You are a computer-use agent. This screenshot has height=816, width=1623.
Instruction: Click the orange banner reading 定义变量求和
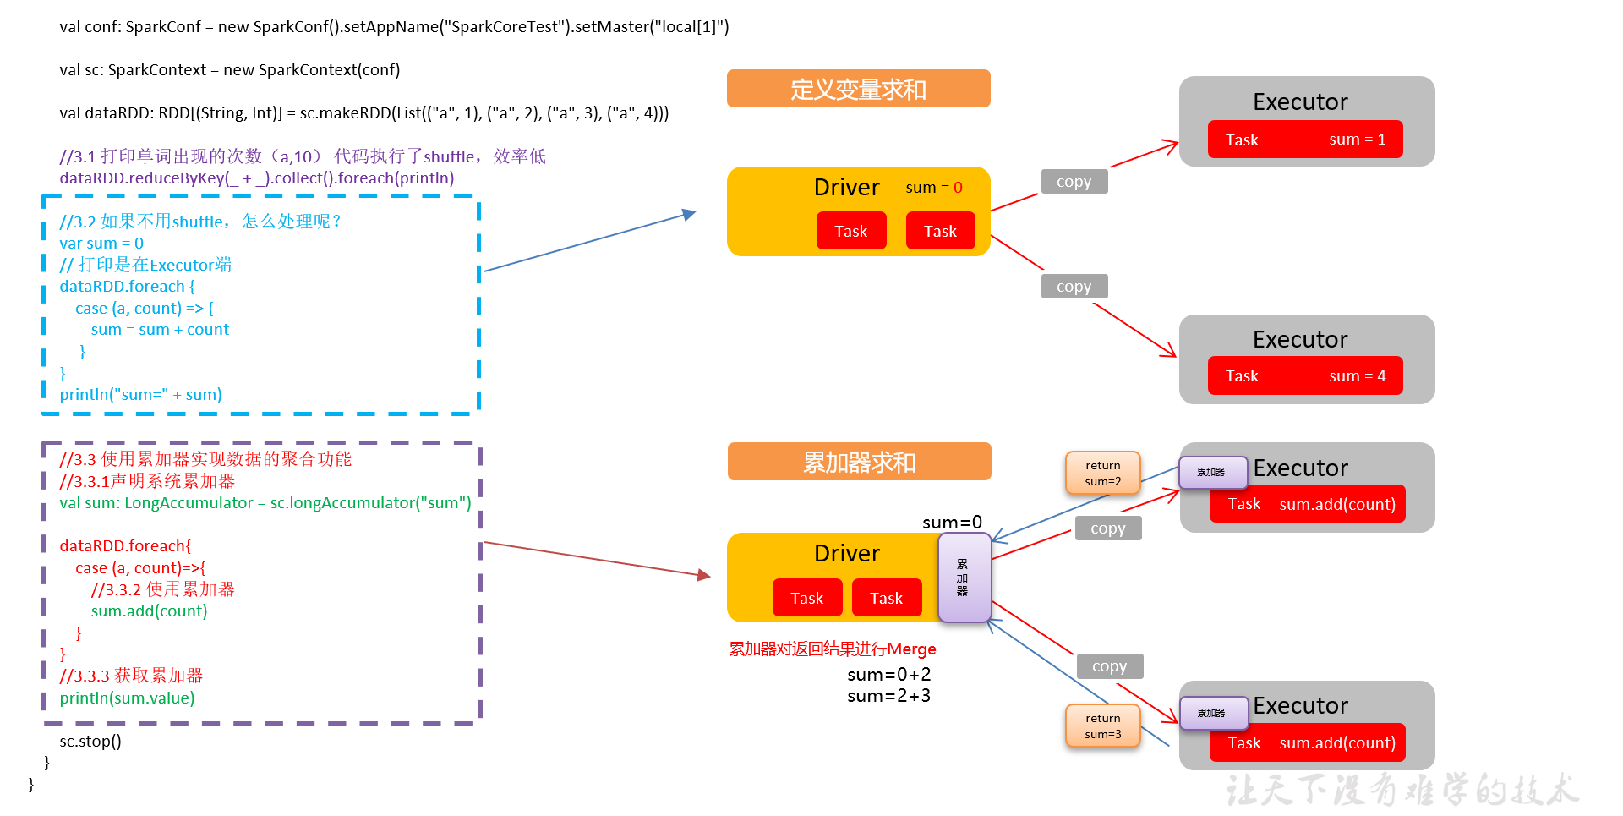coord(858,89)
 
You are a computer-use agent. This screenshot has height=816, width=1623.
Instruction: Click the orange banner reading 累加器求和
coord(859,462)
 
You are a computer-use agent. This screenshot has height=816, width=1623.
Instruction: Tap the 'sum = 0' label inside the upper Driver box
coord(933,188)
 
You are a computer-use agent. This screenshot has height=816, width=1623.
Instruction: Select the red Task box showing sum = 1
coord(1304,140)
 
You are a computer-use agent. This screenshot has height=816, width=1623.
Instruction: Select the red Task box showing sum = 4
coord(1304,376)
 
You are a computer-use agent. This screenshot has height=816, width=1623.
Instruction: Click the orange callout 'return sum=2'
coord(1102,474)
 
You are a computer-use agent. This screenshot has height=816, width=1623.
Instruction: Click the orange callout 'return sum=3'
coord(1102,726)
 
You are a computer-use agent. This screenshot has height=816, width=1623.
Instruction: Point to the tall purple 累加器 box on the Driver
coord(964,578)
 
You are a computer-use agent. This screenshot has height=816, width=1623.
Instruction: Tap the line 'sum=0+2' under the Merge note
coord(888,675)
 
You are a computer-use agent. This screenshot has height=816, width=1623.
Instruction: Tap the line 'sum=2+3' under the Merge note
coord(888,696)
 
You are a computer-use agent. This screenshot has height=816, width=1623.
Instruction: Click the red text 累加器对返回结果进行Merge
coord(832,649)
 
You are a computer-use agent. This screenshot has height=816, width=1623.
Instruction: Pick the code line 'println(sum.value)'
coord(127,698)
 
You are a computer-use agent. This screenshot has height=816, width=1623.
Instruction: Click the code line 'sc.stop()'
coord(90,742)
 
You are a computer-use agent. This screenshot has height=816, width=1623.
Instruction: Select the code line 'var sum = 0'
coord(101,244)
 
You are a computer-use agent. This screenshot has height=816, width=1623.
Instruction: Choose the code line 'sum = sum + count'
coord(160,330)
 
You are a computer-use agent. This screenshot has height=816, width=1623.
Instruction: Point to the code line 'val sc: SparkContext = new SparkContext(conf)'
coord(229,70)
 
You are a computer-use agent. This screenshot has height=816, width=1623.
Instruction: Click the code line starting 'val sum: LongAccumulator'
coord(265,503)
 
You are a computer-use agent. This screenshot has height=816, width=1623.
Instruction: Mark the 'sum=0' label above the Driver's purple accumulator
coord(952,523)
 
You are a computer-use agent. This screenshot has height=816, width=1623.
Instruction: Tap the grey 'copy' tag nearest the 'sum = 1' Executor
coord(1074,182)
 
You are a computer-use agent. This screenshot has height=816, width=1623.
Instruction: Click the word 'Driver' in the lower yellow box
coord(846,554)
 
